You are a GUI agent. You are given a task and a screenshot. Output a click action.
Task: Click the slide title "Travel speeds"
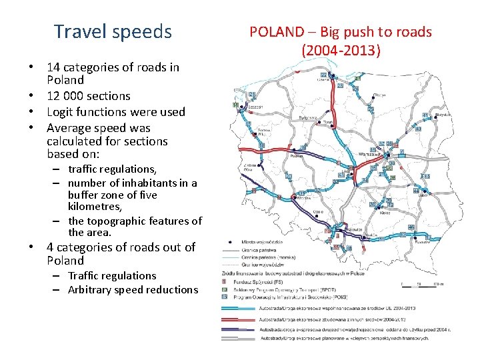[x=113, y=31]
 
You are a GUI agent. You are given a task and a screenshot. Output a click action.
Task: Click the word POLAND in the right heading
[x=279, y=32]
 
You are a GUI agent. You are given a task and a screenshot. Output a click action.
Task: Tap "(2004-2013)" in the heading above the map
[x=341, y=50]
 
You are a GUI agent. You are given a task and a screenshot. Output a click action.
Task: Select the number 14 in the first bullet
[x=54, y=67]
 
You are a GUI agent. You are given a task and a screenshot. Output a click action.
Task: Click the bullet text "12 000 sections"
[x=88, y=96]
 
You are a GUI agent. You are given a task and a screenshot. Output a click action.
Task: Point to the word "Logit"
[x=62, y=112]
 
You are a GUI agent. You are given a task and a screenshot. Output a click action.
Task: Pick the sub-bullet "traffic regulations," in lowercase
[x=112, y=169]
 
